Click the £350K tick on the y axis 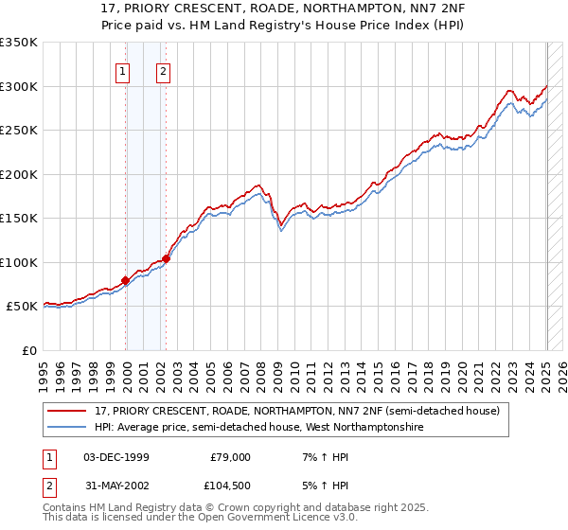(x=19, y=43)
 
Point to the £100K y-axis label (x=19, y=262)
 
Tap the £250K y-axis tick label (x=19, y=131)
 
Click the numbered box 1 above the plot (x=123, y=70)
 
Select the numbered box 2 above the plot (x=163, y=70)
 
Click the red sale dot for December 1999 (x=125, y=280)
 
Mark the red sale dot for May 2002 (x=166, y=258)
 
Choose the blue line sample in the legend (x=68, y=428)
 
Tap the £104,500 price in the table (x=230, y=486)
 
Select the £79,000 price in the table (x=230, y=457)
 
